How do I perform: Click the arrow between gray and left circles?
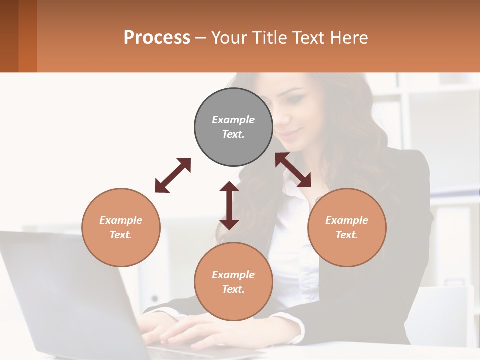(173, 175)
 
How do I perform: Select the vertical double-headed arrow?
(229, 205)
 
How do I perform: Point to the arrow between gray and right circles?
(293, 170)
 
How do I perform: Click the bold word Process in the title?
(157, 37)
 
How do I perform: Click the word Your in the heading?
(227, 37)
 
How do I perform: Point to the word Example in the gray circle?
(233, 120)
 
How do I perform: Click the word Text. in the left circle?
(121, 235)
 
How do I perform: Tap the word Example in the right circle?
(347, 220)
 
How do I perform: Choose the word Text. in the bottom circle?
(233, 289)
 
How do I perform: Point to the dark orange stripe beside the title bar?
(27, 36)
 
